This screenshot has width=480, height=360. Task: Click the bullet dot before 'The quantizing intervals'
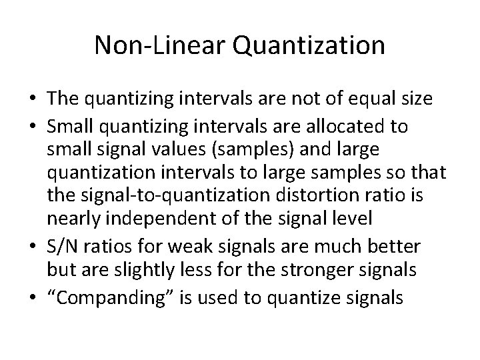tap(33, 100)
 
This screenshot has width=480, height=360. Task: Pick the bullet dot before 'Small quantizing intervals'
tap(33, 126)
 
